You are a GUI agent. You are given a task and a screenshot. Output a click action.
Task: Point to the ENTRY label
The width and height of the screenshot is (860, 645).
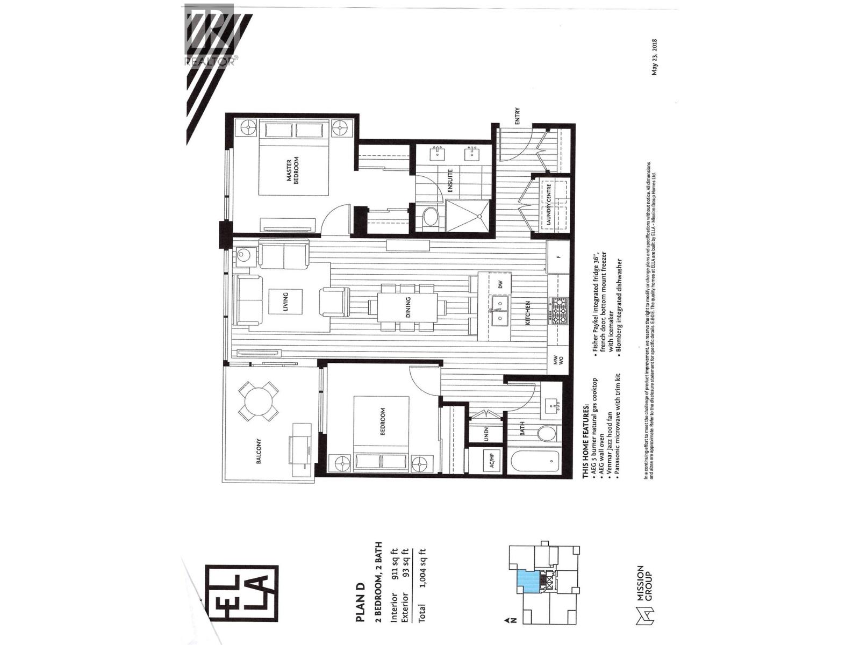pyautogui.click(x=518, y=117)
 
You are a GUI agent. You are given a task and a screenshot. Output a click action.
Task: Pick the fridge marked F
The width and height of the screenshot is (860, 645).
pyautogui.click(x=558, y=256)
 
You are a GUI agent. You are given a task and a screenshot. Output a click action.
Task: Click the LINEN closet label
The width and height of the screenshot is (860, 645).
pyautogui.click(x=486, y=433)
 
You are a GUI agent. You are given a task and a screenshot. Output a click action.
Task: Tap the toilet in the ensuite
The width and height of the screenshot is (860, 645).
pyautogui.click(x=431, y=218)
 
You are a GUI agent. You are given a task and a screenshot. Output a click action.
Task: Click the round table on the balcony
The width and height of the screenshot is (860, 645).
pyautogui.click(x=259, y=401)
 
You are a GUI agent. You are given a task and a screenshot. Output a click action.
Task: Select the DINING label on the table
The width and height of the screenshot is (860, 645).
pyautogui.click(x=408, y=307)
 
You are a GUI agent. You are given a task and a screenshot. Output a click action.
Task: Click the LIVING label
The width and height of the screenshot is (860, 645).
pyautogui.click(x=285, y=302)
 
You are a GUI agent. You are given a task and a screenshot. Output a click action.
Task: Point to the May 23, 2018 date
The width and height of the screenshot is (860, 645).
pyautogui.click(x=655, y=57)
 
